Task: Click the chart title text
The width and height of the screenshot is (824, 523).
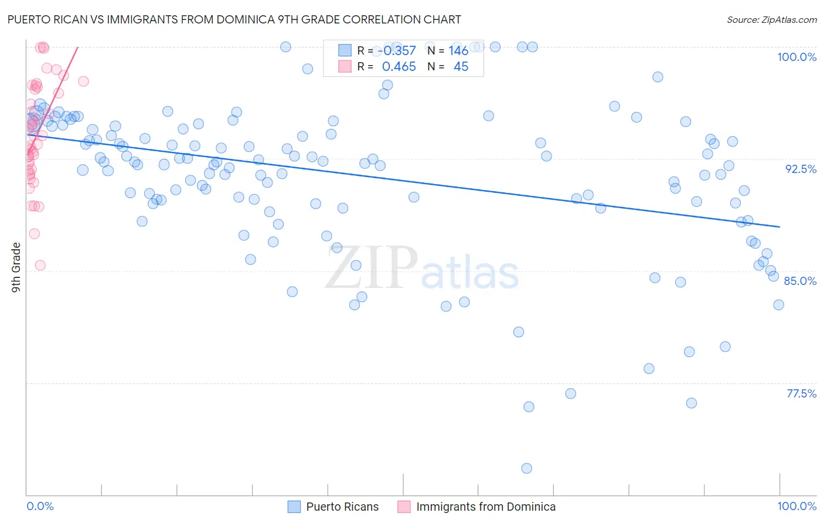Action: (x=234, y=19)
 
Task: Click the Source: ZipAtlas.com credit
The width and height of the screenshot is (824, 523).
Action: (x=771, y=19)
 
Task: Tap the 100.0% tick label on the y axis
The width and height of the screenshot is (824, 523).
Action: (x=796, y=57)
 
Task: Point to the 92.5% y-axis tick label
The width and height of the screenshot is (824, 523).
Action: (x=801, y=169)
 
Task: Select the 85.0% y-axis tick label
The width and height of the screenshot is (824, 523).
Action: (x=800, y=281)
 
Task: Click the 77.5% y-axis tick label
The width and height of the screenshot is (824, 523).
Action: (x=801, y=393)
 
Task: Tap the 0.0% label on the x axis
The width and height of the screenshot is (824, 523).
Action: (x=40, y=506)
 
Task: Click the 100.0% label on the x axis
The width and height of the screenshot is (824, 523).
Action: (x=796, y=506)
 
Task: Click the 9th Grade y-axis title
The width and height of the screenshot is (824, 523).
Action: (x=16, y=267)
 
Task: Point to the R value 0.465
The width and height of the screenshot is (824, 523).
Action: (x=399, y=67)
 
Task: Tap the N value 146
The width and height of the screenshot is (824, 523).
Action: (x=458, y=51)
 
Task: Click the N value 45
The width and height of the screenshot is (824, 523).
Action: (x=461, y=67)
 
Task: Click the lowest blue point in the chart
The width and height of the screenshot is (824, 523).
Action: (x=526, y=468)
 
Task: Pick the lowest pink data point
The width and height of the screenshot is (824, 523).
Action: (x=40, y=265)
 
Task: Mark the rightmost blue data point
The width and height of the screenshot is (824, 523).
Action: (x=778, y=304)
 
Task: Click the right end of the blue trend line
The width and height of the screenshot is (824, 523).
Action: (x=779, y=226)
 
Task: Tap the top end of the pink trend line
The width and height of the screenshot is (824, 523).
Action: (x=77, y=47)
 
